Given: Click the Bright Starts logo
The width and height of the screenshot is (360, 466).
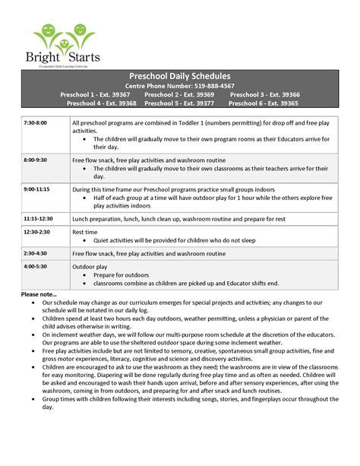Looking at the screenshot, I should [66, 46].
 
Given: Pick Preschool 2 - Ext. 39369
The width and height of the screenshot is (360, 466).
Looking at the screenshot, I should [179, 94].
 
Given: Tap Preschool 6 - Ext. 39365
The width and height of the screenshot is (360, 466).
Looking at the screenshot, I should [264, 103].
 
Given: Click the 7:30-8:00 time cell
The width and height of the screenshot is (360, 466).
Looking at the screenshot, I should [35, 122].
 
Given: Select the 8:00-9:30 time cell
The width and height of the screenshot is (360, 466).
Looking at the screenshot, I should [35, 160].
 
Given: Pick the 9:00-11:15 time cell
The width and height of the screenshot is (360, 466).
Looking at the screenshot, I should [36, 188].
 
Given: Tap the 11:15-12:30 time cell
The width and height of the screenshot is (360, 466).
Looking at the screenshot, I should [38, 217].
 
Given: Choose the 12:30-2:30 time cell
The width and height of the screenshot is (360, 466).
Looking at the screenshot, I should [36, 231].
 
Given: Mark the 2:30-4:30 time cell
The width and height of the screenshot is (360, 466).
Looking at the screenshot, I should [35, 253].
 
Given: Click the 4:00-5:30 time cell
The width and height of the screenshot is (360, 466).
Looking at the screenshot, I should [35, 267].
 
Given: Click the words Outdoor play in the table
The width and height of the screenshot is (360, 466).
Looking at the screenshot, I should [90, 267].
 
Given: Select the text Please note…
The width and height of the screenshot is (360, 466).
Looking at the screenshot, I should [39, 293].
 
